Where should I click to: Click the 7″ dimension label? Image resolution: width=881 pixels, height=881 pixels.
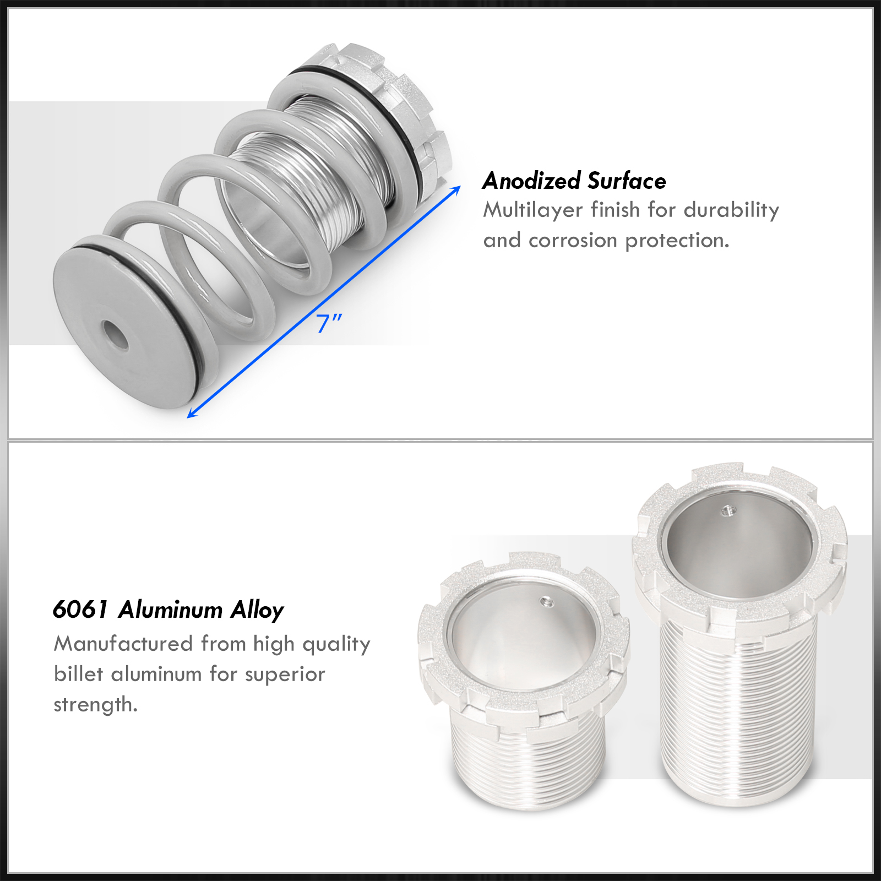329,323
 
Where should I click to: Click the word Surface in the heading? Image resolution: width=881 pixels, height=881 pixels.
627,181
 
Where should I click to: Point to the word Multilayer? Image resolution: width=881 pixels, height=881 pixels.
533,210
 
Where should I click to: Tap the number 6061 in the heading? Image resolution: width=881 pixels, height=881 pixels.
80,610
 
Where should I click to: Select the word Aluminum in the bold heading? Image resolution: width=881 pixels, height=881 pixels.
170,610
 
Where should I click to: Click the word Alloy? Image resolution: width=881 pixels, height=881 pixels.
257,611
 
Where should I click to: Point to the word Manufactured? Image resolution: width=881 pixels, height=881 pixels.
123,644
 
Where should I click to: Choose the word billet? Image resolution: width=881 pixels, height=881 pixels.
78,674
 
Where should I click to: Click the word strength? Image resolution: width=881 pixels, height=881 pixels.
95,705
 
